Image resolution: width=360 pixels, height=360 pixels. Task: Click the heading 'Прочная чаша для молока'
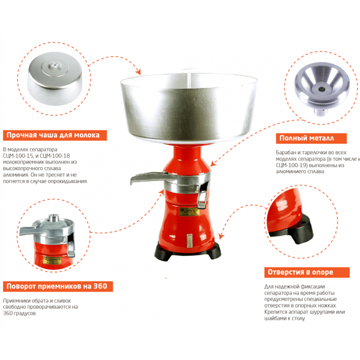tap(53, 135)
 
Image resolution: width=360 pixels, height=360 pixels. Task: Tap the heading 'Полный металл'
tap(307, 138)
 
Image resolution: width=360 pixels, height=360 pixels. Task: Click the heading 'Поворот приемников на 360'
tap(57, 286)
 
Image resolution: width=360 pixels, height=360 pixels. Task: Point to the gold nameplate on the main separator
tap(189, 212)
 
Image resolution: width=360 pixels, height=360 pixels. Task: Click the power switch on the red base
tap(189, 241)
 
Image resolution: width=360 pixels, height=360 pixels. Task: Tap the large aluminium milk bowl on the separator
tap(189, 108)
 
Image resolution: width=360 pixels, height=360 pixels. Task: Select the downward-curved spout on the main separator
tap(203, 195)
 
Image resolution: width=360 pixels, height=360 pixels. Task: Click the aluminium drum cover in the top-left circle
tap(55, 78)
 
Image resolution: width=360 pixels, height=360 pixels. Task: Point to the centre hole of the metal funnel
tap(321, 89)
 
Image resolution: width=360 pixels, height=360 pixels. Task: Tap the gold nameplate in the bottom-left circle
tap(52, 260)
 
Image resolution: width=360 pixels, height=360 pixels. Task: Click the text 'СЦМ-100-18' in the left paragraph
tap(55, 156)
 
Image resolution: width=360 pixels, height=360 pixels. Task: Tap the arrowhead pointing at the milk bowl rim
tap(138, 71)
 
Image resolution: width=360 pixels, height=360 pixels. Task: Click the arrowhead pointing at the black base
tap(221, 236)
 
